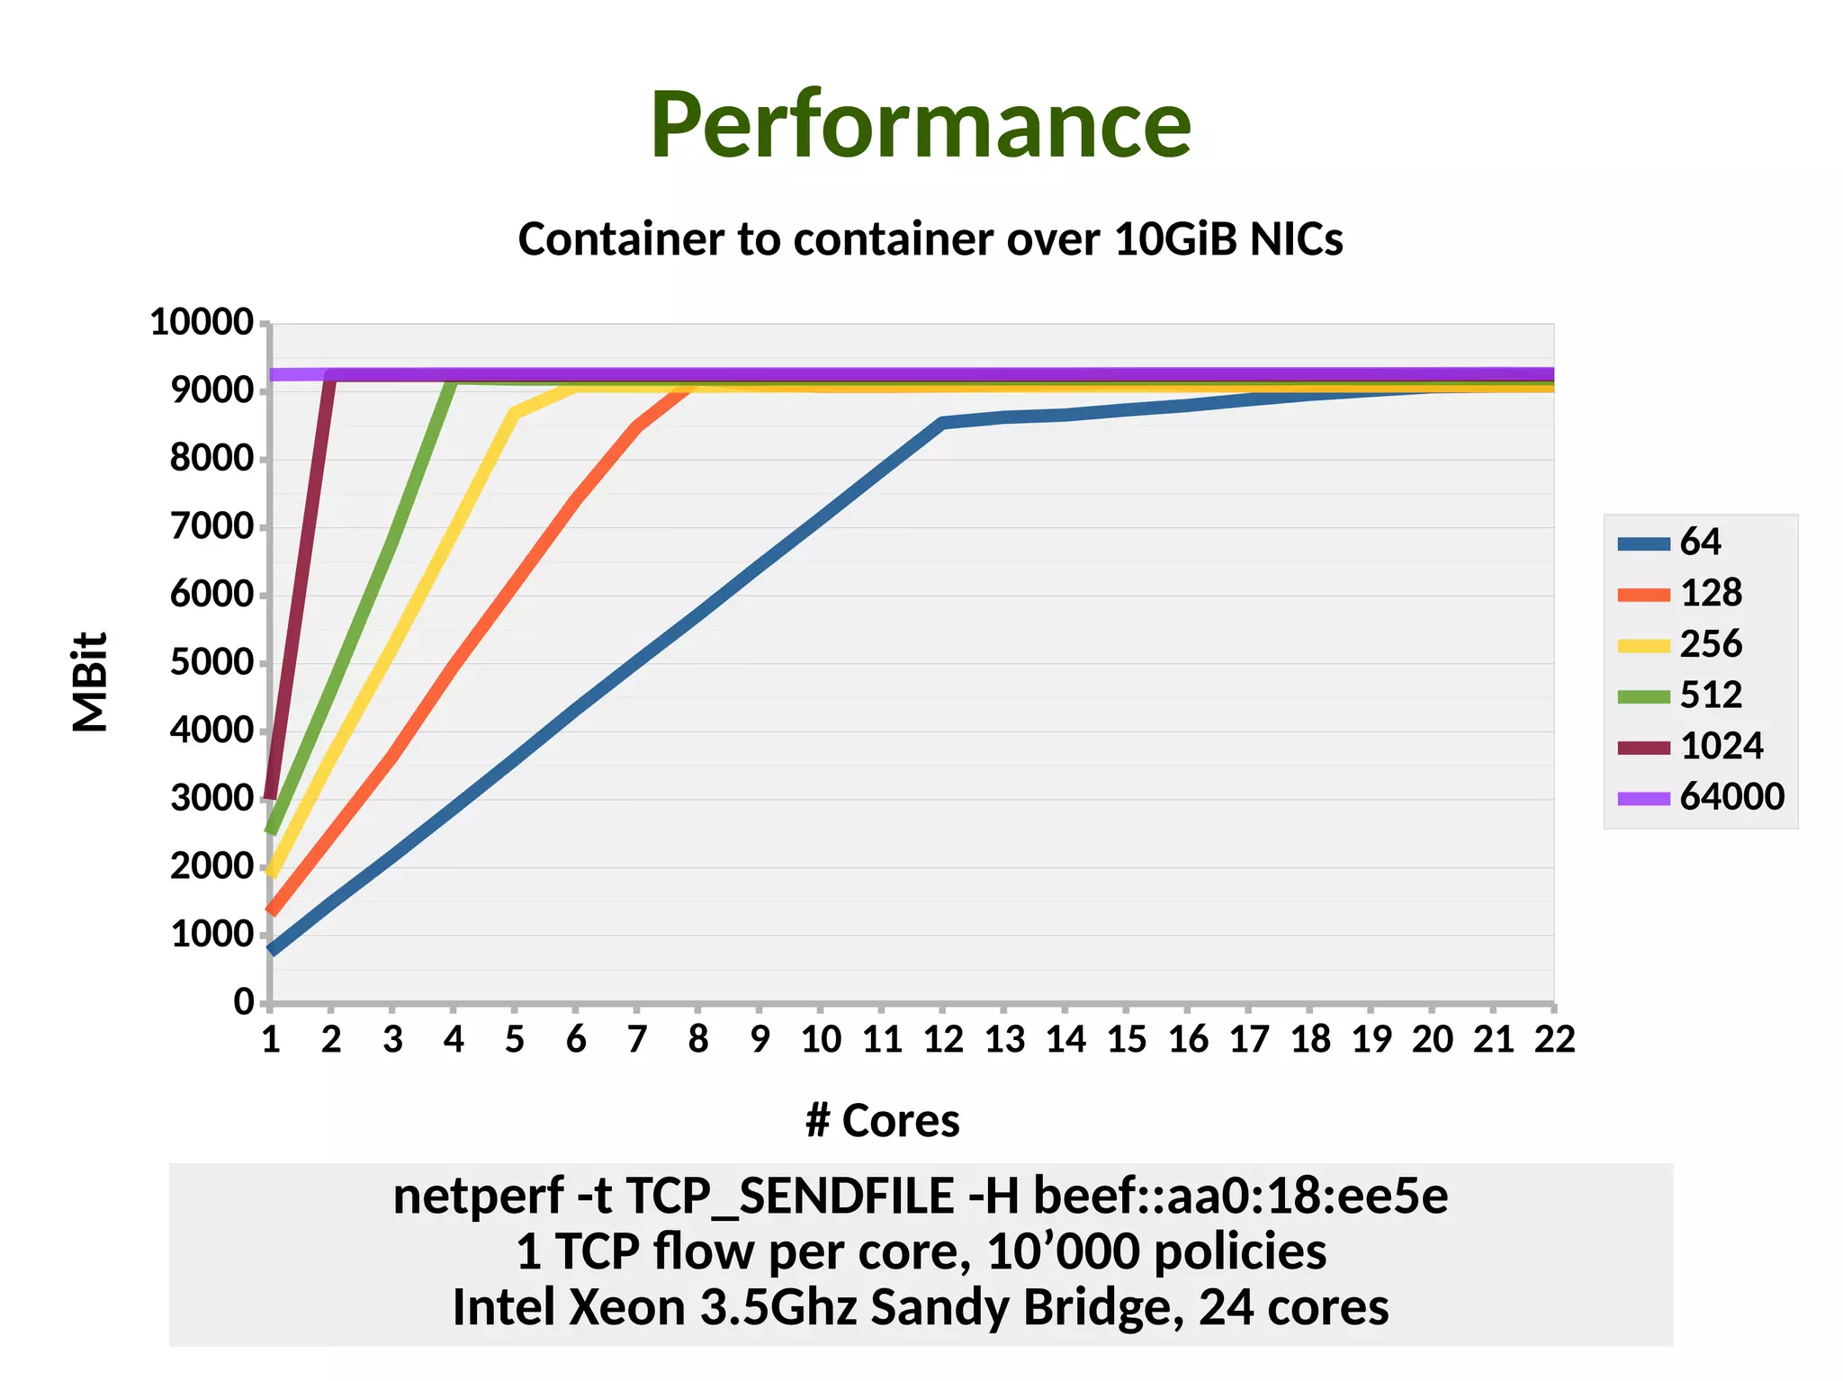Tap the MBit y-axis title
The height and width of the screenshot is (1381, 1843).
[x=91, y=681]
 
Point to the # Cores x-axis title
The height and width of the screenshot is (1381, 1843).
[x=882, y=1121]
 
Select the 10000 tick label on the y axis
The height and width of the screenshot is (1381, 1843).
[x=202, y=322]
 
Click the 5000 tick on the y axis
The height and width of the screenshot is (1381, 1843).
[x=211, y=662]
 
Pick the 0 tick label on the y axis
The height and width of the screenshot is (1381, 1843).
[x=244, y=1001]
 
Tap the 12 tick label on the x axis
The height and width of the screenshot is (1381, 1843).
[x=943, y=1040]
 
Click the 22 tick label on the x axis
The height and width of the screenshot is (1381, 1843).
[x=1554, y=1040]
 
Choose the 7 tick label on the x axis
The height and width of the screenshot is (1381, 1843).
[x=637, y=1040]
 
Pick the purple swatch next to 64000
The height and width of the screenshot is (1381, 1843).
[x=1643, y=798]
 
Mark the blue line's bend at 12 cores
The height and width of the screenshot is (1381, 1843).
[x=942, y=422]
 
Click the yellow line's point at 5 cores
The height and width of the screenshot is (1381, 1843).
[x=514, y=413]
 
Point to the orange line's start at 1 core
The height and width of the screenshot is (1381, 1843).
[x=272, y=911]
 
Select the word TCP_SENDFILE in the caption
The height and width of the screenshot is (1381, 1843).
[x=789, y=1197]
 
